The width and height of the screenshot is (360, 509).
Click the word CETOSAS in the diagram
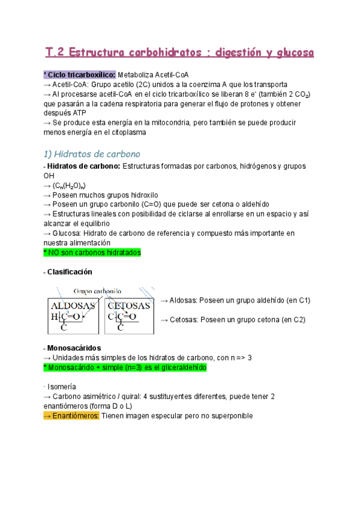click(129, 306)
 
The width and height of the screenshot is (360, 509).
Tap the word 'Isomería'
click(62, 387)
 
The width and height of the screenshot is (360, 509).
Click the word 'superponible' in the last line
click(231, 416)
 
